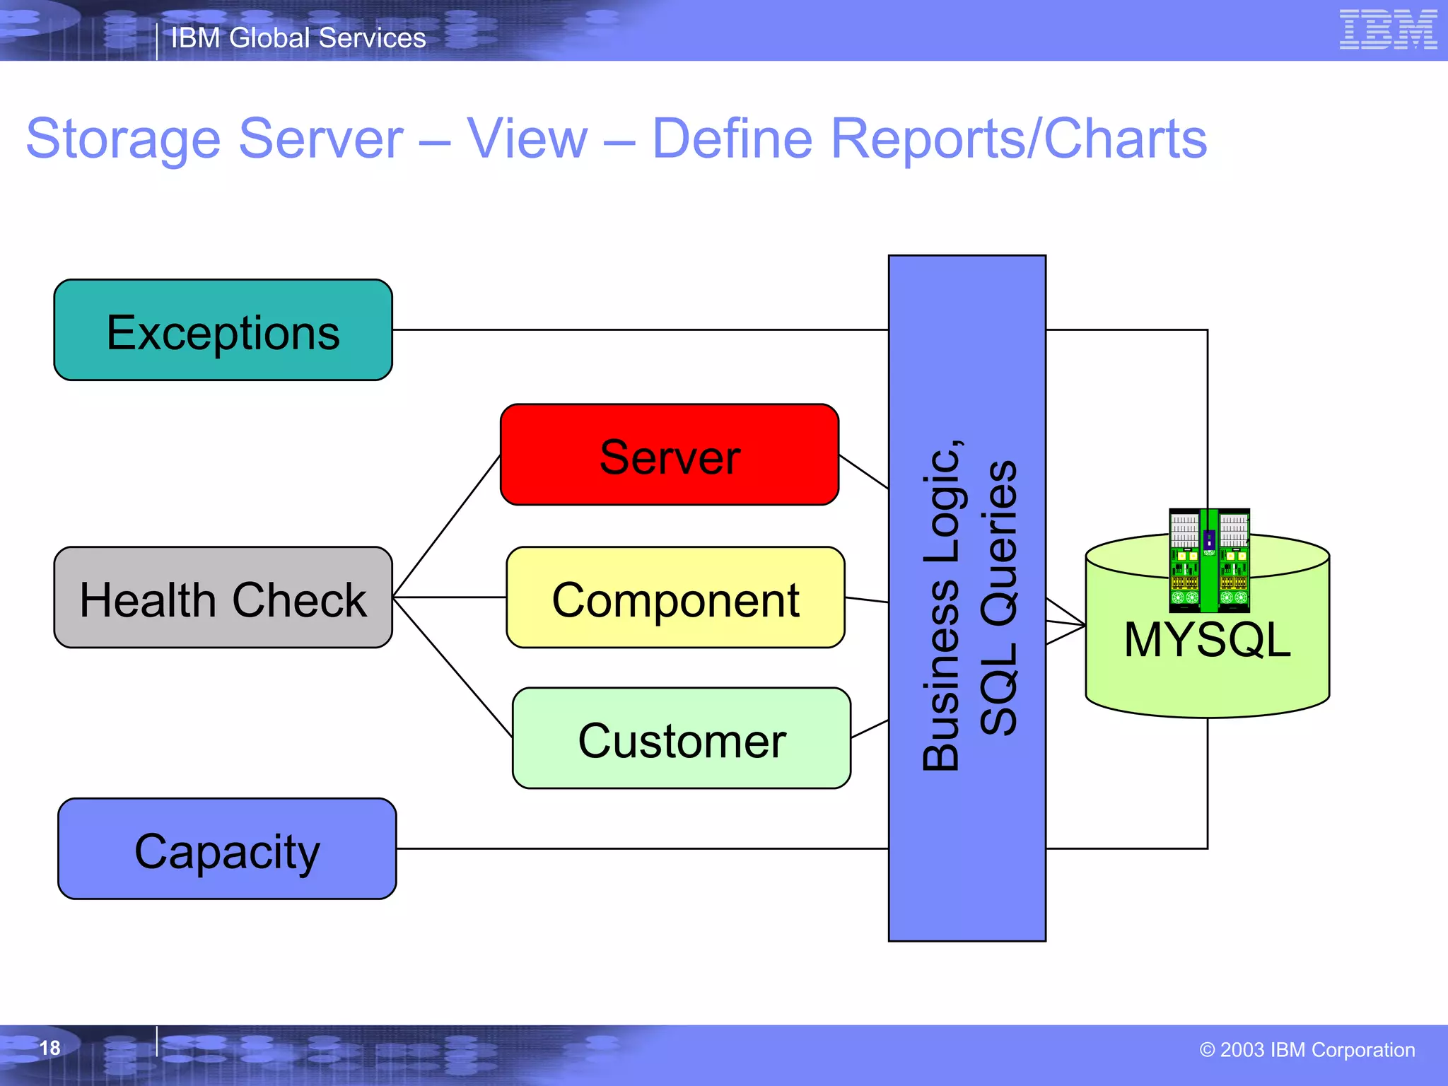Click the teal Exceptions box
(223, 330)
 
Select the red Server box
(669, 455)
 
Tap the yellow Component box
(675, 597)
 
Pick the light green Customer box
(681, 738)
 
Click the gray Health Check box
(223, 597)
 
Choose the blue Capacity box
(227, 849)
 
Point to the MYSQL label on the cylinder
(1207, 640)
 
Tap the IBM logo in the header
(1387, 30)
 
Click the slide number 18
(49, 1048)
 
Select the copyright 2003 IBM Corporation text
(1307, 1050)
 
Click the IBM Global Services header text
(298, 38)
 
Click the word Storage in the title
(124, 139)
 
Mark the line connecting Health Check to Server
(447, 526)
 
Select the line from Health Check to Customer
(452, 667)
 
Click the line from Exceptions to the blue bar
(636, 329)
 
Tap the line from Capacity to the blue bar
(636, 848)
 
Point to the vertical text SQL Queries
(998, 597)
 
